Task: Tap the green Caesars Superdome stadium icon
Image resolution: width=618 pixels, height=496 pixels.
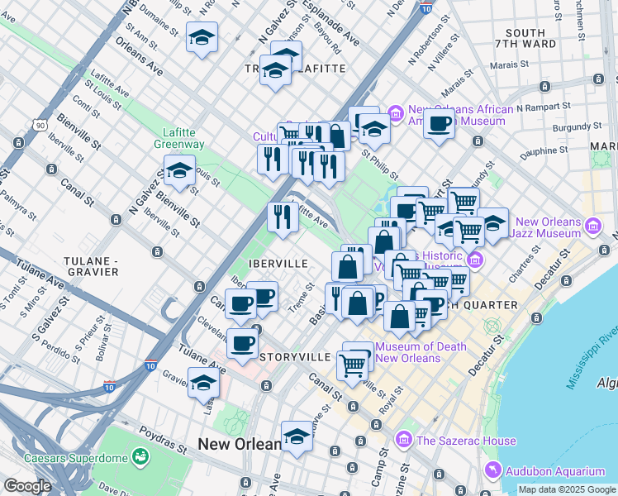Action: tap(141, 457)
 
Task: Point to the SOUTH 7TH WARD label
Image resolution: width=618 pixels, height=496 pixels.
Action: tap(525, 40)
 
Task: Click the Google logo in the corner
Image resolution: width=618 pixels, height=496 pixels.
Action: tap(27, 486)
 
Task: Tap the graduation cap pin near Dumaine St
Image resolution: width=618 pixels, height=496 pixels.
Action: tap(202, 38)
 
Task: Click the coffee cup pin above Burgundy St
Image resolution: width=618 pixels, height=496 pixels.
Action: tap(439, 125)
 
